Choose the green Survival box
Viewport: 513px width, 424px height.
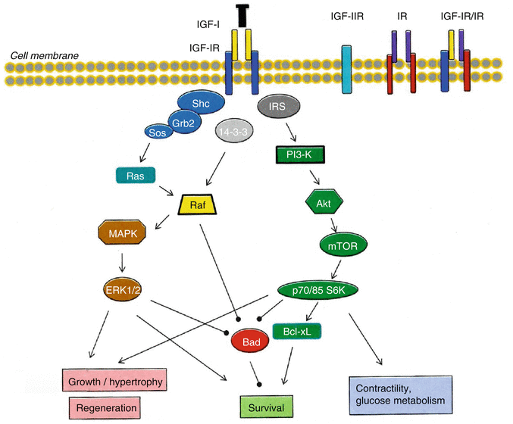[264, 407]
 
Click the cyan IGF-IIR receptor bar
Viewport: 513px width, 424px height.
[347, 70]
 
